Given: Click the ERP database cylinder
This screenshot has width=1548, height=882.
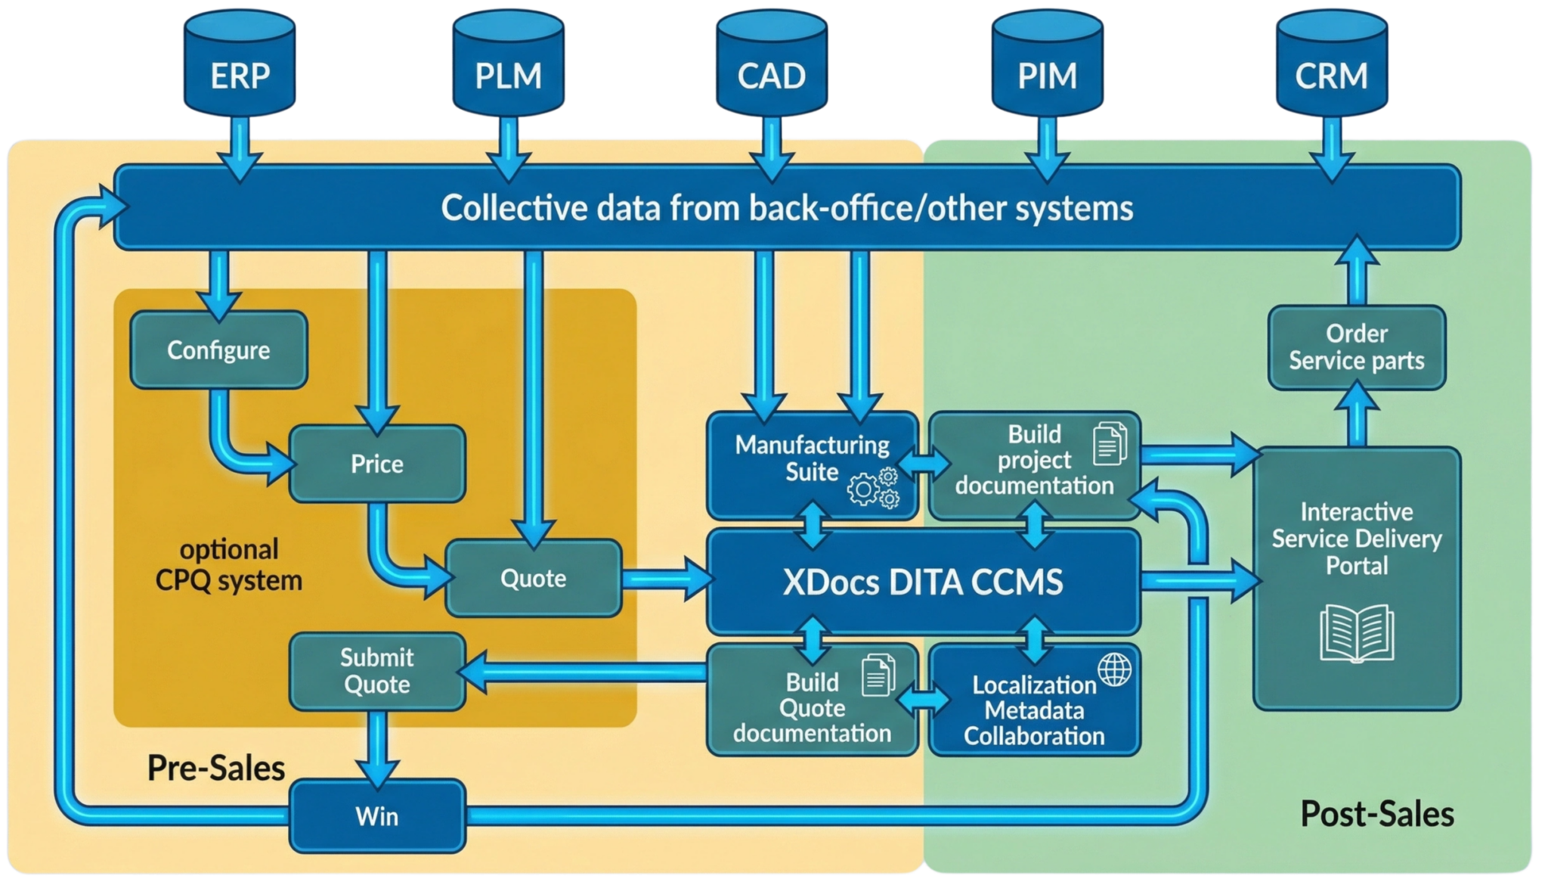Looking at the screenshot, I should (240, 64).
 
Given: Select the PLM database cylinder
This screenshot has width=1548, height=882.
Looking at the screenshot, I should (508, 64).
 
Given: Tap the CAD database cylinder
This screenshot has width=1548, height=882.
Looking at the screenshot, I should (772, 64).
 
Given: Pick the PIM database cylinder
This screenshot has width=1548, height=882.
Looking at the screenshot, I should (1047, 64).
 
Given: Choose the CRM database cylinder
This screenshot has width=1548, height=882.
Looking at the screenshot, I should (1331, 64).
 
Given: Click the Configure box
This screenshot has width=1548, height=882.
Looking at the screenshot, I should (218, 350).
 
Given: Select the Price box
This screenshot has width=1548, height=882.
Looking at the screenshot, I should (377, 464).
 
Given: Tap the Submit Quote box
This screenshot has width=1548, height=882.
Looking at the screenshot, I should (377, 671).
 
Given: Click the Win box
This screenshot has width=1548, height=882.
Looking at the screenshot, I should (377, 816).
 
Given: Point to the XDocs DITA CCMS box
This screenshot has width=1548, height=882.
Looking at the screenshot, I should (923, 582).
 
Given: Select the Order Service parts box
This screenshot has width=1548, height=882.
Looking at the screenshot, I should (1357, 347).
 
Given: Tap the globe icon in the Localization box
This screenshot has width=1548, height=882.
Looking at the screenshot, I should (1115, 669).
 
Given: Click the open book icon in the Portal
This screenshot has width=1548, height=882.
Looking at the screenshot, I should (1357, 632).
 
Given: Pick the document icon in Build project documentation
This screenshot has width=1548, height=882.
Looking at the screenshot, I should (1109, 444).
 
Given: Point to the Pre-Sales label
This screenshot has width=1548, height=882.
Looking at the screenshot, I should (216, 768).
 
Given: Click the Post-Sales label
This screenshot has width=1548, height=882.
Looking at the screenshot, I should (1377, 814).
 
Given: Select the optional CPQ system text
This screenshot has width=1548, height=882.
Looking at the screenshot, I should (229, 565).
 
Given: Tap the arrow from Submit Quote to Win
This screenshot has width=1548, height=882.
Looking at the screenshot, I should (377, 747).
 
